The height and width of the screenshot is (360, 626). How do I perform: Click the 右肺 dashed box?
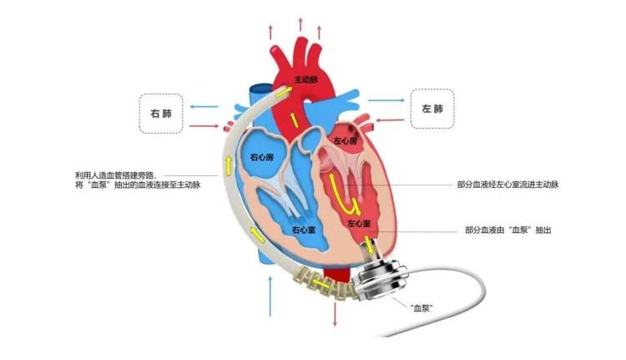coord(161,114)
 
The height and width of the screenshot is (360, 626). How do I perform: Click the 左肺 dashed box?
coord(432,109)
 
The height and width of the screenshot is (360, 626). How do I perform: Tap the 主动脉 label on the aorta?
coord(306,79)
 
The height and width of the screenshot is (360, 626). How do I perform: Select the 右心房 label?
coord(262,157)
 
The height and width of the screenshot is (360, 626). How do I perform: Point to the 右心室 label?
coord(304,230)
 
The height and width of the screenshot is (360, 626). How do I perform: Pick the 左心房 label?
coord(346,140)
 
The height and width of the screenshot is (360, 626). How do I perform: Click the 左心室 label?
coord(359,223)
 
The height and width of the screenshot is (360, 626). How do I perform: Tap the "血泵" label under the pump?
coord(422,307)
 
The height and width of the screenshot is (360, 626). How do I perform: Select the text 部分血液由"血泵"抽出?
coord(507,231)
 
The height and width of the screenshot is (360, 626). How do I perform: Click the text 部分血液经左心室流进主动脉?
coord(507,185)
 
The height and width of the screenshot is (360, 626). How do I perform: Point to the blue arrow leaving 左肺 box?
coord(386,100)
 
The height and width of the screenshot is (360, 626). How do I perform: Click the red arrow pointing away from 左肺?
coord(391,119)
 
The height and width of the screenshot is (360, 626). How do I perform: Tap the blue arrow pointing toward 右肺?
coord(204,107)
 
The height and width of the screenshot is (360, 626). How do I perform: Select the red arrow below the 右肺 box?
coord(204,126)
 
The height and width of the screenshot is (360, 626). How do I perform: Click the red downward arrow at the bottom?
coord(335,314)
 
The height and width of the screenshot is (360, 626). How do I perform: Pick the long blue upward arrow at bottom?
coord(270,296)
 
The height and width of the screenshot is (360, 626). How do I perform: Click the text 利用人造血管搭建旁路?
coord(116,175)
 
